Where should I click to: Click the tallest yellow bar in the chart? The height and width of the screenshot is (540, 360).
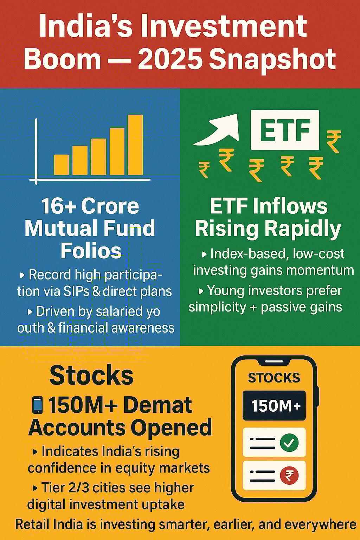click(x=135, y=144)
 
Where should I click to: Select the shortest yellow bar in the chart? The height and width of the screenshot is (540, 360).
click(x=61, y=165)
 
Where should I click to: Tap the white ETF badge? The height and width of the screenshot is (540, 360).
click(x=285, y=130)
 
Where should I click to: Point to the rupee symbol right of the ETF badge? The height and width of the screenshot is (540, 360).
click(x=334, y=141)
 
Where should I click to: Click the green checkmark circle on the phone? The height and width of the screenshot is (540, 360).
click(x=289, y=442)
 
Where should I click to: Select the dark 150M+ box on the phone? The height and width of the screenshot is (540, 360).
click(x=274, y=405)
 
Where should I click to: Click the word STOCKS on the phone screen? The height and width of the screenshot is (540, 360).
click(x=274, y=378)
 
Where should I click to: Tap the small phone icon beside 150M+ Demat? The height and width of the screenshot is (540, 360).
click(x=37, y=405)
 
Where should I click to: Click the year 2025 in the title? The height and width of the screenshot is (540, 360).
click(x=169, y=59)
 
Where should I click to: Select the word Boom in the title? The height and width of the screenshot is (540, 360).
click(x=62, y=59)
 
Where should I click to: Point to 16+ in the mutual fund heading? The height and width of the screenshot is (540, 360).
click(x=59, y=206)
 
